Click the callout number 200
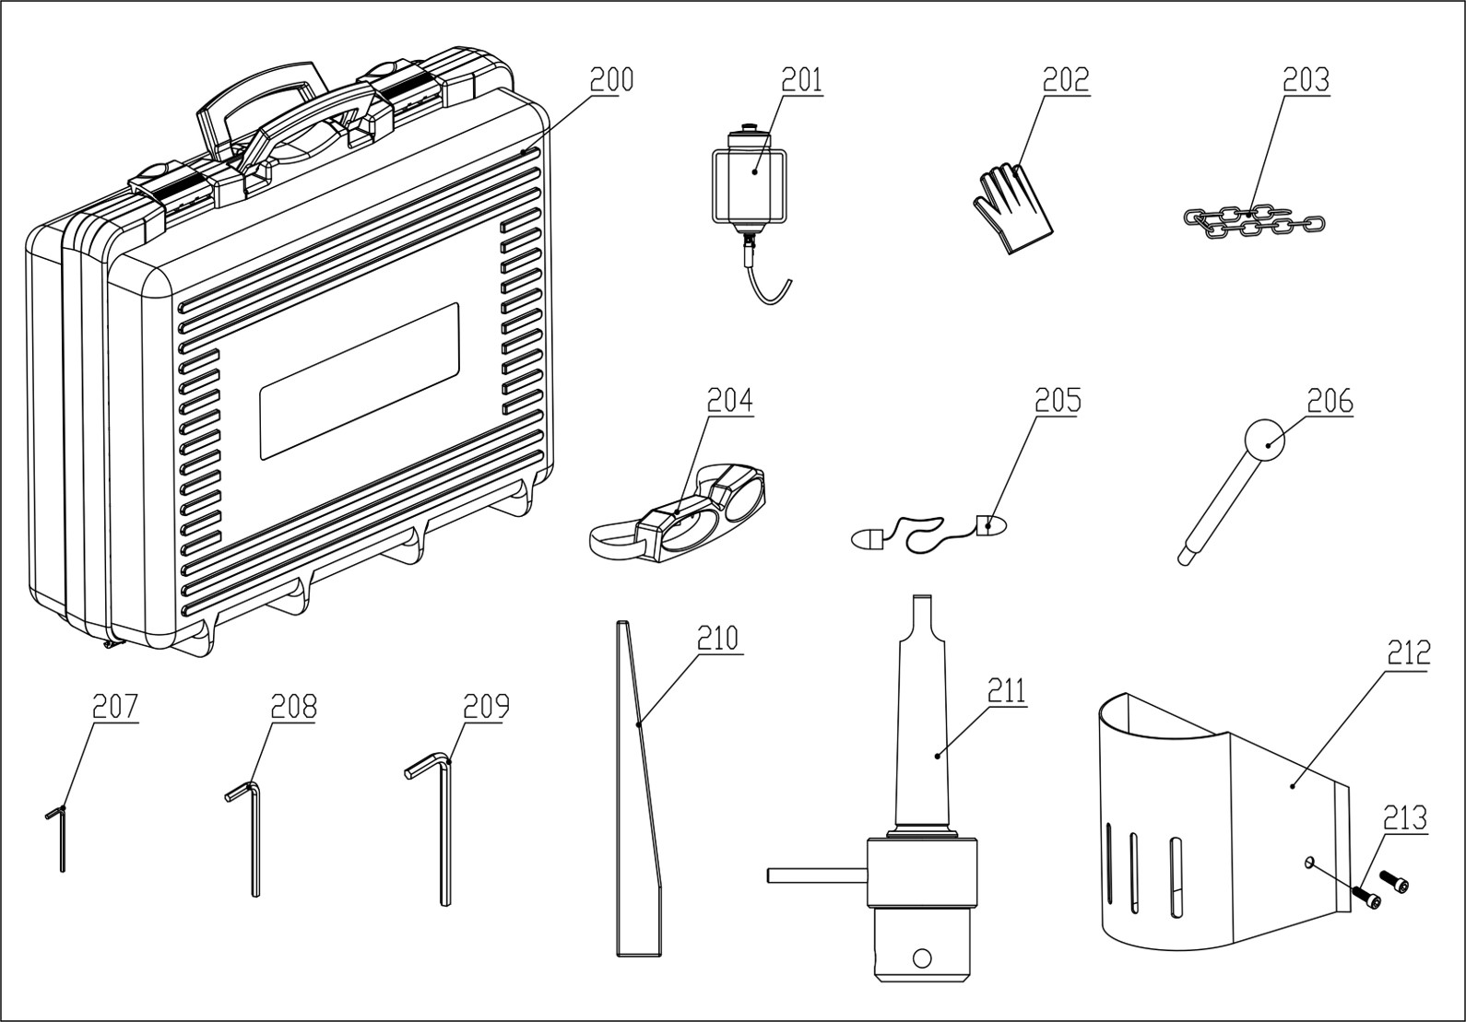pyautogui.click(x=611, y=81)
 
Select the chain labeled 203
pyautogui.click(x=1254, y=221)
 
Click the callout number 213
pyautogui.click(x=1404, y=818)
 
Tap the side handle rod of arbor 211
pyautogui.click(x=815, y=875)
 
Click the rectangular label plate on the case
pyautogui.click(x=359, y=381)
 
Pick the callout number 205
pyautogui.click(x=1057, y=402)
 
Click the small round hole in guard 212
pyautogui.click(x=1308, y=862)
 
